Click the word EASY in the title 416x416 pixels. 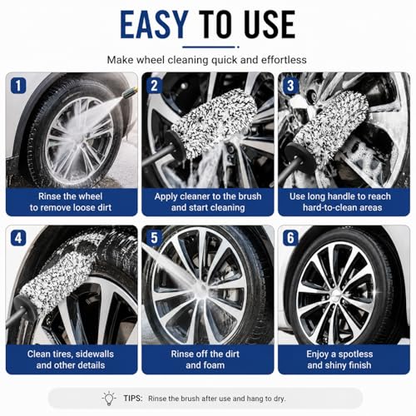pyautogui.click(x=154, y=24)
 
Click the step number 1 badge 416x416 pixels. pyautogui.click(x=18, y=86)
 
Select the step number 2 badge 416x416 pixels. pyautogui.click(x=155, y=86)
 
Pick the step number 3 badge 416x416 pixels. pyautogui.click(x=290, y=86)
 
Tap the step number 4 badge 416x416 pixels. pyautogui.click(x=18, y=238)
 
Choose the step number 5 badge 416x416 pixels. pyautogui.click(x=155, y=238)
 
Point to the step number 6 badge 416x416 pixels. pyautogui.click(x=290, y=238)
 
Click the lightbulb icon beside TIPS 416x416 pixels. pyautogui.click(x=109, y=399)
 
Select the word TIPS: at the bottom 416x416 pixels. pyautogui.click(x=133, y=399)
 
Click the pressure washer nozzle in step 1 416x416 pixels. pyautogui.click(x=130, y=92)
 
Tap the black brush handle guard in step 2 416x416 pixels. pyautogui.click(x=176, y=145)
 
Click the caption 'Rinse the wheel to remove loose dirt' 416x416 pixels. pyautogui.click(x=71, y=202)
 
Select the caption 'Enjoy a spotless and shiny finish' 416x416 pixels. pyautogui.click(x=339, y=359)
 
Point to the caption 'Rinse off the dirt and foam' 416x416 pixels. pyautogui.click(x=206, y=359)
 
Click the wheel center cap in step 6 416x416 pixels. pyautogui.click(x=336, y=294)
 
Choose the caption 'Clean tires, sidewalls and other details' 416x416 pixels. pyautogui.click(x=71, y=359)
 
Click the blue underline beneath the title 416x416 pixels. pyautogui.click(x=210, y=47)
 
